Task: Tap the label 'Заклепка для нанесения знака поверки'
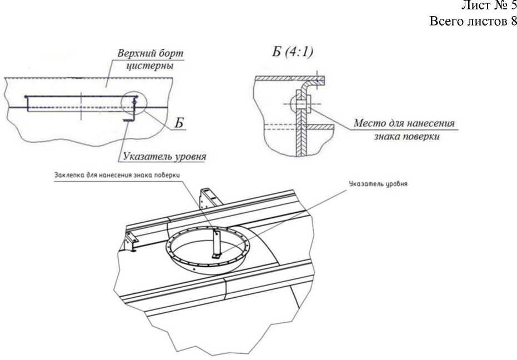[x=119, y=176]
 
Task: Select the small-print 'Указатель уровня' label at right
[x=378, y=184]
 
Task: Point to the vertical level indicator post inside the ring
[x=217, y=243]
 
